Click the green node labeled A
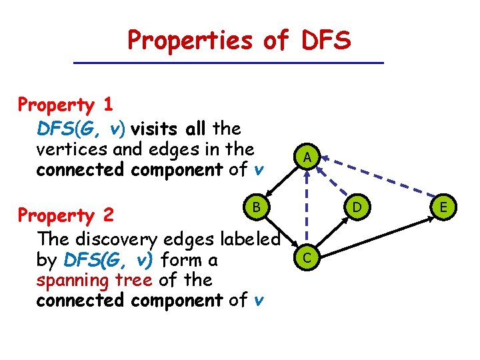(306, 157)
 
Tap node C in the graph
(305, 257)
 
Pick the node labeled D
(357, 207)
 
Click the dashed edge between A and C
(306, 207)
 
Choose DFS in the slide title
(325, 41)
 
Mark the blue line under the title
(229, 63)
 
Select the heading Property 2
(66, 215)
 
